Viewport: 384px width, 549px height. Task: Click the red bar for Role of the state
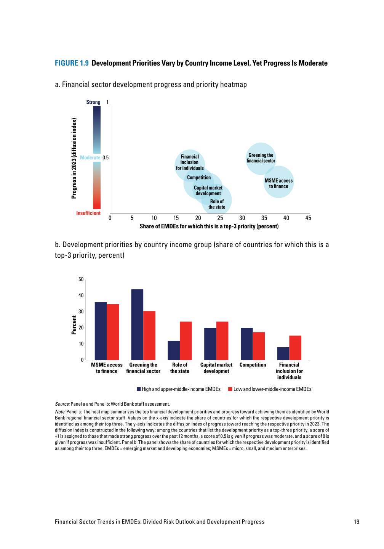tap(186, 341)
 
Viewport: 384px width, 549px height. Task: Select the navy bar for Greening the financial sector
tap(137, 324)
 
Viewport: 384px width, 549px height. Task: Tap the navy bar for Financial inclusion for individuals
tap(283, 353)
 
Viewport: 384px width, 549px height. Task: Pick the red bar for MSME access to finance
tap(113, 332)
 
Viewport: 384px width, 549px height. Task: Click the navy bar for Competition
tap(246, 344)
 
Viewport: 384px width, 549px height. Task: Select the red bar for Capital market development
tap(222, 341)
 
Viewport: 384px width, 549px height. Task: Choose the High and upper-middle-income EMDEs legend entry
tap(179, 389)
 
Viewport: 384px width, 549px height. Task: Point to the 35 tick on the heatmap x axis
tap(264, 218)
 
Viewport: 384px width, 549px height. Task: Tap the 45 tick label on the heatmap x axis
tap(308, 218)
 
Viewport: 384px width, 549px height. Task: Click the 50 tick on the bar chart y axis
tap(81, 279)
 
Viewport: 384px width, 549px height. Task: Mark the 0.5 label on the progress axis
tap(106, 157)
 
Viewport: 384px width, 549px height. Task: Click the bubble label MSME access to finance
tap(279, 183)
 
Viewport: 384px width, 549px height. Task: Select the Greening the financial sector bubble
tap(261, 158)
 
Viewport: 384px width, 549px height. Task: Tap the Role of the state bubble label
tap(217, 204)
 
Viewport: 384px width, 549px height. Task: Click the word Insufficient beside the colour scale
tap(88, 213)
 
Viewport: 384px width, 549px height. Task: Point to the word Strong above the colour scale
tap(93, 102)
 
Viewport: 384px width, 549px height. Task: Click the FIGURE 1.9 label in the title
tap(72, 63)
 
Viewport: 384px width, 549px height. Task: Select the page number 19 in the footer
tap(357, 522)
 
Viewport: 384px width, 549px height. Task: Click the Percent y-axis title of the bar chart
tap(74, 325)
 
